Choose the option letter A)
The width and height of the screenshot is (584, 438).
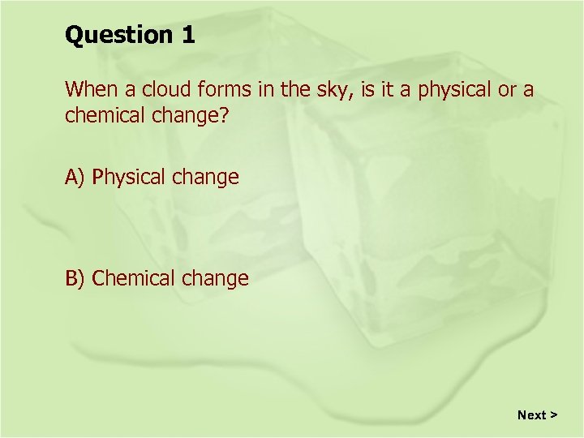(76, 177)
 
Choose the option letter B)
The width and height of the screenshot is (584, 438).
(76, 278)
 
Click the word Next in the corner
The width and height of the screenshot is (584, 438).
(531, 414)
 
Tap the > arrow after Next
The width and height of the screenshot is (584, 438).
(553, 414)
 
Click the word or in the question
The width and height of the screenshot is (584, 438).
(507, 88)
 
